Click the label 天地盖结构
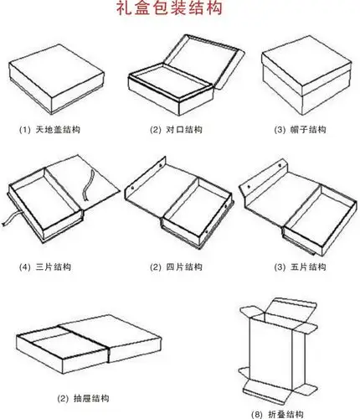tap(59, 130)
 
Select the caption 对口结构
tap(185, 130)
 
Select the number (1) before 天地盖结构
tap(24, 130)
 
